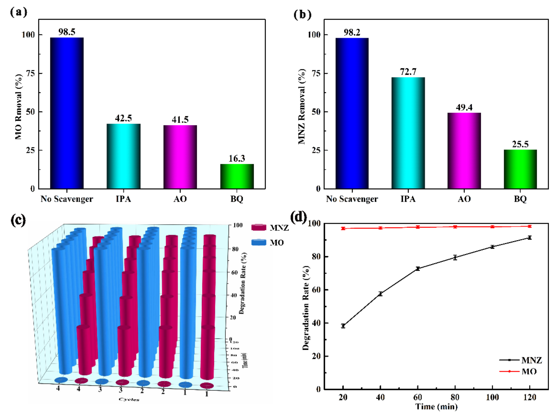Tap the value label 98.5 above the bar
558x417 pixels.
tap(67, 32)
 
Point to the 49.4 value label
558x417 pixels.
tap(464, 108)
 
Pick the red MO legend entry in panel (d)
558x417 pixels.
tap(519, 371)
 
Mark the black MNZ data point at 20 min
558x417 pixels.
tap(343, 326)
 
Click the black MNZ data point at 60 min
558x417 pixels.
tap(418, 269)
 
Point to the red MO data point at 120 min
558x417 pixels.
tap(530, 226)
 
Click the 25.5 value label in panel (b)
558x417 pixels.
tap(520, 144)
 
